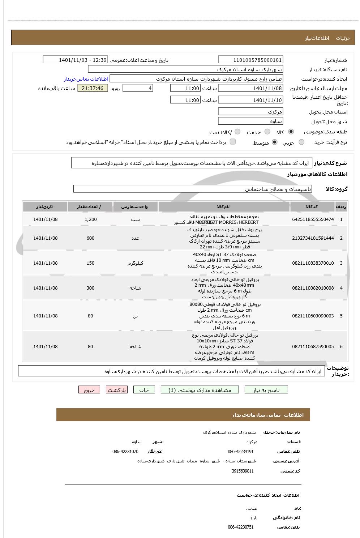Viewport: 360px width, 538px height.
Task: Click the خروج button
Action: coord(89,390)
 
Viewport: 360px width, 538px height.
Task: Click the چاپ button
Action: coord(144,390)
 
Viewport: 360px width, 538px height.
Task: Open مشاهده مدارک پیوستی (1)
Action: coord(200,390)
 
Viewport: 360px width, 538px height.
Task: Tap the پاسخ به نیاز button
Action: coord(266,390)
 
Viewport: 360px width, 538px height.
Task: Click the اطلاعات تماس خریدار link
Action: coord(86,79)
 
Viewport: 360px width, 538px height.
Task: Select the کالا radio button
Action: coord(291,132)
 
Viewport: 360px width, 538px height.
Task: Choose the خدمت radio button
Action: coord(267,132)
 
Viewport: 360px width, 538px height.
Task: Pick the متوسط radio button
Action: coord(275,142)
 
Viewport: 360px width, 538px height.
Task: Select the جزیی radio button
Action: coord(301,142)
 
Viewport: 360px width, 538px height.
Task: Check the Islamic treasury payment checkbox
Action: coord(233,142)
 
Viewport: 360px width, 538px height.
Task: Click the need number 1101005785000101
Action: coord(250,60)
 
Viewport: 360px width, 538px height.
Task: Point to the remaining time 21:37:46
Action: coord(93,88)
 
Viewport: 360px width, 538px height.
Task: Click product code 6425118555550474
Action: coord(313,219)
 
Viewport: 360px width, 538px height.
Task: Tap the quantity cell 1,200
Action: coord(90,219)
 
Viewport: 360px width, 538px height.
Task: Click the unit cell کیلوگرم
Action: coord(135,263)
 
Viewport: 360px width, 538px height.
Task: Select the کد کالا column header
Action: coord(312,207)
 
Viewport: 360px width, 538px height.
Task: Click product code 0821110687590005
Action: coord(313,347)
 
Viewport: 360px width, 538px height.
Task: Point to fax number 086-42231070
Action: coord(125,452)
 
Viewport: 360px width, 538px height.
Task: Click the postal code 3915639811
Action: coord(243,471)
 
